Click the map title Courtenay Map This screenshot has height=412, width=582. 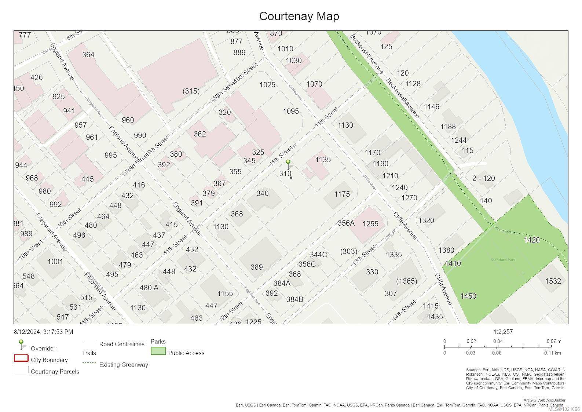click(299, 16)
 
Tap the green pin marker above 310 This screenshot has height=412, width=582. click(288, 163)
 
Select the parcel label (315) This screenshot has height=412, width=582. click(191, 91)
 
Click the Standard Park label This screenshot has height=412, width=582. click(503, 260)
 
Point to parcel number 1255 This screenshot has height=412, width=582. click(370, 224)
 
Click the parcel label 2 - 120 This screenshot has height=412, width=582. click(483, 179)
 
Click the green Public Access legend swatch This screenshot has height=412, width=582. click(158, 351)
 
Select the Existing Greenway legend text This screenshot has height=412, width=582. click(124, 365)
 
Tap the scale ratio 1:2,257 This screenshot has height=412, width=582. click(503, 332)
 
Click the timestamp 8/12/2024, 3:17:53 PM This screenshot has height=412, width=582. click(43, 332)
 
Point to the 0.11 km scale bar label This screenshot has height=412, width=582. click(552, 353)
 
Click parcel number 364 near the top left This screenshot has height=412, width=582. click(88, 55)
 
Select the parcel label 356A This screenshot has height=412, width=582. click(346, 223)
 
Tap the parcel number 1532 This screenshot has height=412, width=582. click(553, 281)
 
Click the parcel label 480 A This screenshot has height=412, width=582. click(149, 288)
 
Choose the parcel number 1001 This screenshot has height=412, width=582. click(55, 262)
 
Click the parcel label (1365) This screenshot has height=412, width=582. click(406, 281)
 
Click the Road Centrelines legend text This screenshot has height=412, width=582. click(122, 344)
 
